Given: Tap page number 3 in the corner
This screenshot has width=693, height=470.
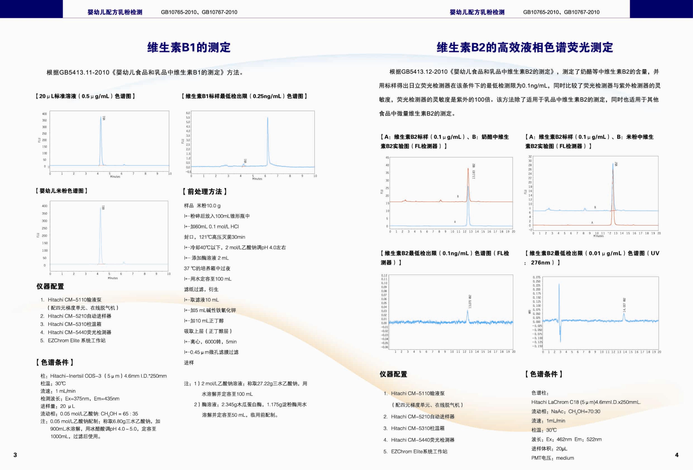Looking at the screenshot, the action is (15, 455).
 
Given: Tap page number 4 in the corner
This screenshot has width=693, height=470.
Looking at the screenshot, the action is (677, 455).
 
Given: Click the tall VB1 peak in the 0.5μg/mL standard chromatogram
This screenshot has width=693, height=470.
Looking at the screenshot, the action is (101, 140).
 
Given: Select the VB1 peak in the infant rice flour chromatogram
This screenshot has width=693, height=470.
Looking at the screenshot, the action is (101, 235).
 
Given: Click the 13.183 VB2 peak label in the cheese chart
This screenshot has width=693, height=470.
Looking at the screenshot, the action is (473, 171).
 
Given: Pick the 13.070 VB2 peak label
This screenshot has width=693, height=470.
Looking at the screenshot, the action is (470, 302).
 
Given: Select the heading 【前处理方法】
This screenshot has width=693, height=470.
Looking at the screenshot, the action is (205, 192).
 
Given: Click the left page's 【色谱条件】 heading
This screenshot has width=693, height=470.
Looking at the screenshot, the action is (55, 362).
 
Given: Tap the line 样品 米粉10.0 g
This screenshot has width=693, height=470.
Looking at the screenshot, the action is (202, 206).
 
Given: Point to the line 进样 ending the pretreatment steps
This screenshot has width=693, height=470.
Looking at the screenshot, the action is (189, 363).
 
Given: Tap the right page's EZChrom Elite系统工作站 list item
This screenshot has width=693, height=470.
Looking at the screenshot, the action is (415, 451).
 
